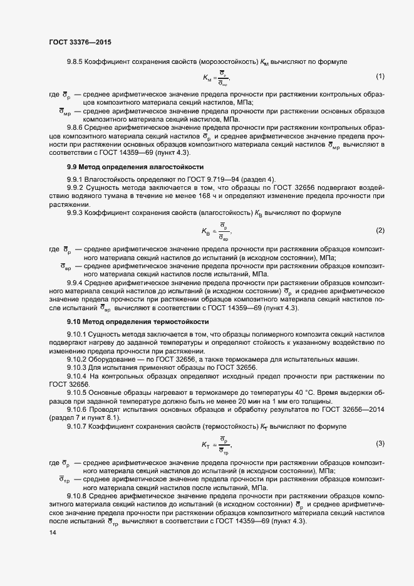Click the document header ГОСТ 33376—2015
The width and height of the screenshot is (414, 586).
point(81,43)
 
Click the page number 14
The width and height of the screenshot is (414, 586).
point(53,533)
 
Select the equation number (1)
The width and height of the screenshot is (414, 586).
point(380,76)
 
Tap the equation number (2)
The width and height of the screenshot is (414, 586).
point(380,230)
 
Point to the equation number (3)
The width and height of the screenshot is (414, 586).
point(380,444)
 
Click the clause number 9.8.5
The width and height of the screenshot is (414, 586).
point(76,61)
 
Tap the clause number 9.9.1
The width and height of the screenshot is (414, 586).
point(76,179)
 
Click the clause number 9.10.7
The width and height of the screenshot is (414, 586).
point(78,426)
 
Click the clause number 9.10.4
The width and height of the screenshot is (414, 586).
point(78,375)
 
